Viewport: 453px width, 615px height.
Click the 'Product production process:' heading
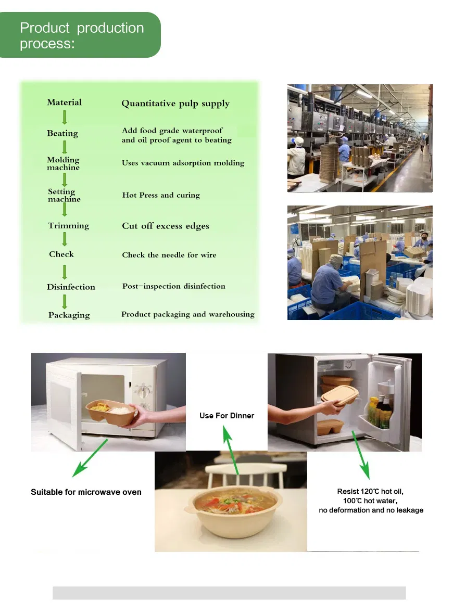click(82, 35)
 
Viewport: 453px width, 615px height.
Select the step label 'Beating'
click(62, 133)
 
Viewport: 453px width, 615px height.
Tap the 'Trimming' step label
click(69, 225)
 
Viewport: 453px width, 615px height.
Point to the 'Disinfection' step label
click(71, 287)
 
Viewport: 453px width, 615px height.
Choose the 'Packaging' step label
click(69, 315)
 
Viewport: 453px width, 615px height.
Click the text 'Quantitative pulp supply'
click(175, 104)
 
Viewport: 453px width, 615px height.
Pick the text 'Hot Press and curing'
click(161, 195)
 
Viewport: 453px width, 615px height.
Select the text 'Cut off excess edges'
click(166, 226)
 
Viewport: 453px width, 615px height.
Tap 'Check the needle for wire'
click(169, 255)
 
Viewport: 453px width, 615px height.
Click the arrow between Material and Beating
click(65, 117)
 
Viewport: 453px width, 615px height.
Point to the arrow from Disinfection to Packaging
click(65, 301)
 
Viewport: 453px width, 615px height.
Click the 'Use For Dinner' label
click(227, 416)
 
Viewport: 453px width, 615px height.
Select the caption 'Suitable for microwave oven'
click(86, 492)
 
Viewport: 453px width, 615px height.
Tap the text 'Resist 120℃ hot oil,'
click(371, 491)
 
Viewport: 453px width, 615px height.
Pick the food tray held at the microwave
click(111, 411)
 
